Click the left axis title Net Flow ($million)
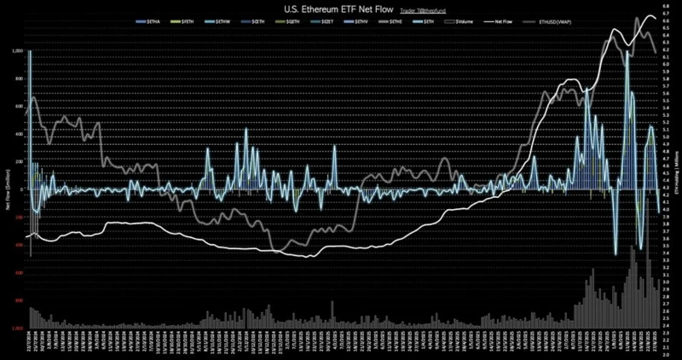point(7,189)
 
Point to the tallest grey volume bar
point(631,247)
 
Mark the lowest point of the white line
point(307,256)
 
